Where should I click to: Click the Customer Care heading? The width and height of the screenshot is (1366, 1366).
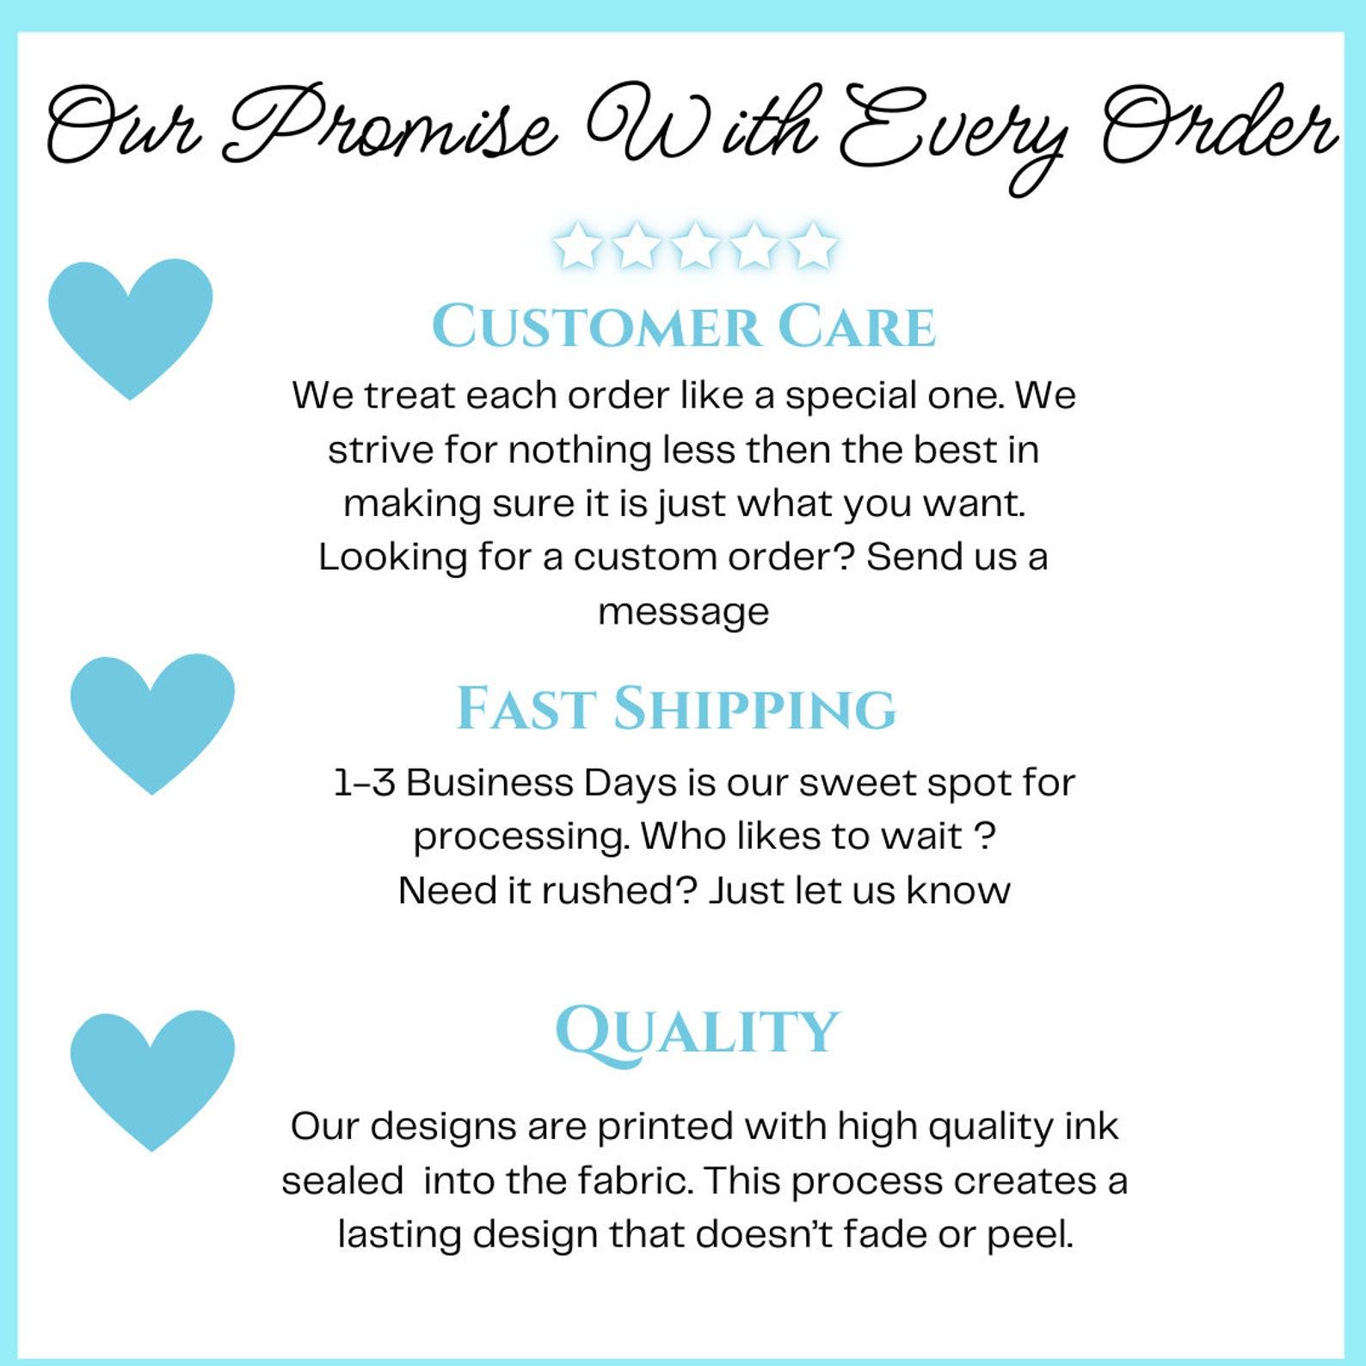(x=684, y=326)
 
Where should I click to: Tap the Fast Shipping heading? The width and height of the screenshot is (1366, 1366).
(x=676, y=709)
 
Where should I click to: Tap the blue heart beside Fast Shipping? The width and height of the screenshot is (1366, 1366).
(x=152, y=721)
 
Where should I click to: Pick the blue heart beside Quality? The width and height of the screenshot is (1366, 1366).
(x=152, y=1078)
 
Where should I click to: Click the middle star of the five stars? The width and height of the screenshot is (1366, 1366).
(x=695, y=245)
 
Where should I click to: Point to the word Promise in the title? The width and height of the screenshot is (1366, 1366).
(x=391, y=125)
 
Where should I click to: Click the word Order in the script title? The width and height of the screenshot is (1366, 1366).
(x=1220, y=125)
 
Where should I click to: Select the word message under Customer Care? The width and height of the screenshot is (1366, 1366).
(x=684, y=612)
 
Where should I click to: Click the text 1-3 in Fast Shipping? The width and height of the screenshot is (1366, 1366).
(x=364, y=783)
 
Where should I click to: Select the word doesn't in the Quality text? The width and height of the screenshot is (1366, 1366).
(x=764, y=1234)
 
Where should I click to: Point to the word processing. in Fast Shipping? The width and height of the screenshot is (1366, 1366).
(x=521, y=838)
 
